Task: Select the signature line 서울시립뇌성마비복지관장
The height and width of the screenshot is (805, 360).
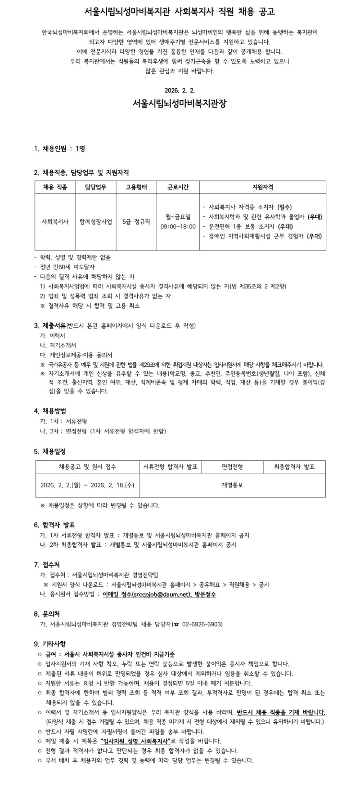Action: [x=180, y=103]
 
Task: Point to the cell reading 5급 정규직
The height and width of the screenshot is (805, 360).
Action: [x=136, y=221]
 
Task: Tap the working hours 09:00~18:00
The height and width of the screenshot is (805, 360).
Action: [x=178, y=226]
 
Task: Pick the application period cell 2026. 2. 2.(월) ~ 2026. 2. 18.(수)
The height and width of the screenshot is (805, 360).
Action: [x=87, y=486]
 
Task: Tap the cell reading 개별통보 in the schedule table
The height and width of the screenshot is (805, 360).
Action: [x=232, y=486]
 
